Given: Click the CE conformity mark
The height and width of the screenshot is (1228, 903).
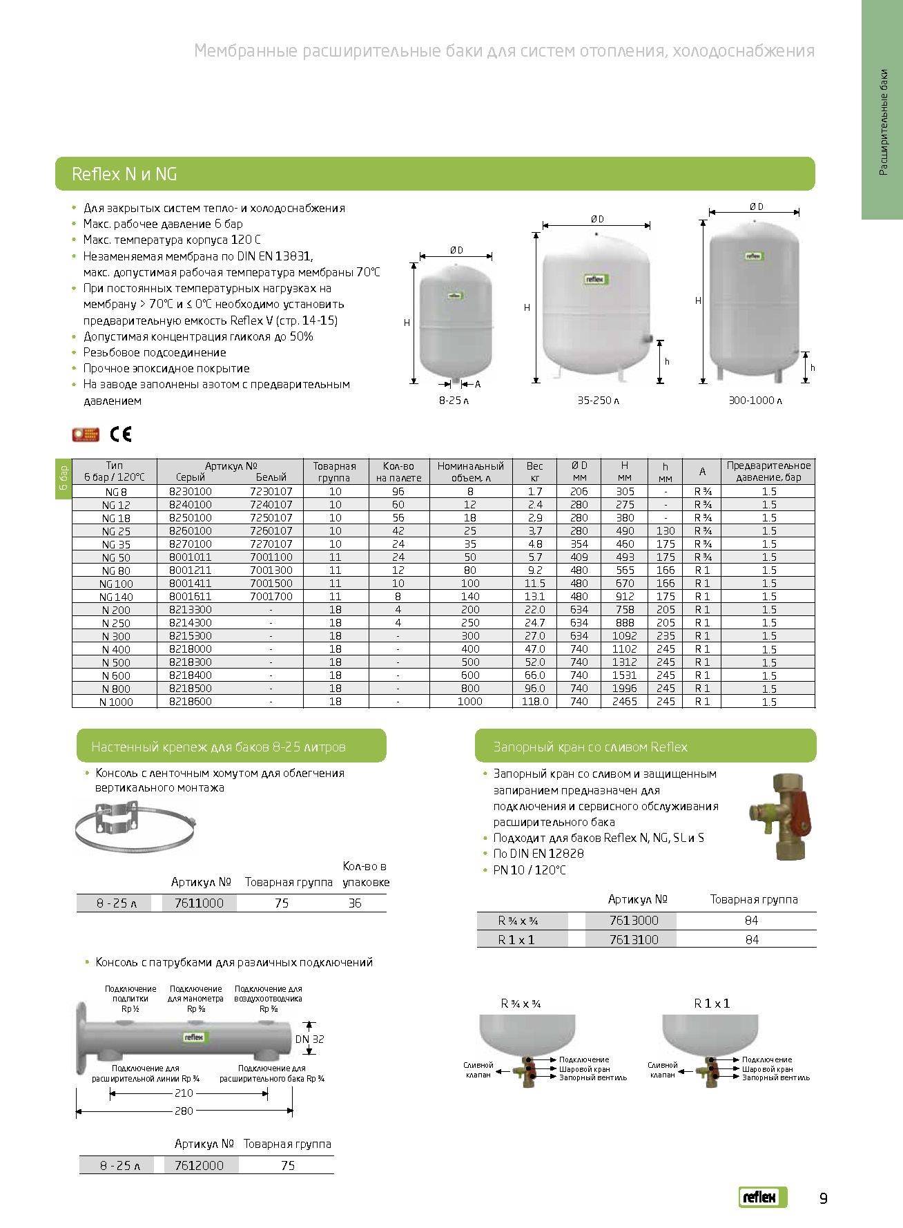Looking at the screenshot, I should pos(121,434).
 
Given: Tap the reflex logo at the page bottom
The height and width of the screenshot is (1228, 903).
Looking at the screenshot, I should pos(762,1198).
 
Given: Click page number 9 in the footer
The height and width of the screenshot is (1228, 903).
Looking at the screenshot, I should pos(823,1198).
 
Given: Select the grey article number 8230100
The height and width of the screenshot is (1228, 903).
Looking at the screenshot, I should pos(191,492).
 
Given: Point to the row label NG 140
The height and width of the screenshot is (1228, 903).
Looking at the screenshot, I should pos(115,597).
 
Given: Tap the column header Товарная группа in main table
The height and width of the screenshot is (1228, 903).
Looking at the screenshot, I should pos(335,472).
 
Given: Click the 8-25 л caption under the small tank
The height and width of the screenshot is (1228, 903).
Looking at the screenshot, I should pos(454,401).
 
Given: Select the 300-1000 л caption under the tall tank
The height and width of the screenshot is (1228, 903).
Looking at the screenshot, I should pos(755,401).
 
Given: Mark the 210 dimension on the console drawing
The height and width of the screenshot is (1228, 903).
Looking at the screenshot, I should pos(184,1093).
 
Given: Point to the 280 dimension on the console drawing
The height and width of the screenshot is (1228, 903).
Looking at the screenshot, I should pos(184,1111).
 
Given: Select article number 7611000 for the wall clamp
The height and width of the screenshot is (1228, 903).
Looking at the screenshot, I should pos(199,903).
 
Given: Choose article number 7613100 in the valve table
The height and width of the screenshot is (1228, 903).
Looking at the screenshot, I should pos(634,939).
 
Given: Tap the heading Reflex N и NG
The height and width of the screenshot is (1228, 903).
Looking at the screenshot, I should pos(124,174).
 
